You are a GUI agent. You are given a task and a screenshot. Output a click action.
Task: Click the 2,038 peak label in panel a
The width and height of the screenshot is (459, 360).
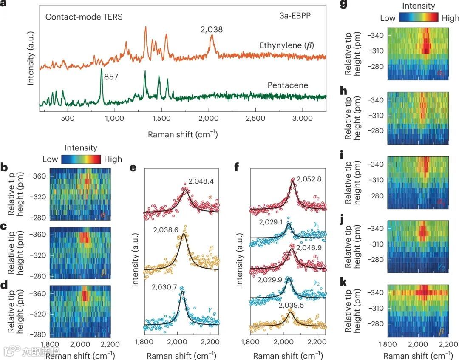click(x=212, y=30)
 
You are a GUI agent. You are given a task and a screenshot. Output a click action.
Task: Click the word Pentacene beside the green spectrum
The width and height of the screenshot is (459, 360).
click(x=288, y=85)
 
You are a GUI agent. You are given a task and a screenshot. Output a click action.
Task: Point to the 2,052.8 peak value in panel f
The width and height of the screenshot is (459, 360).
click(x=309, y=179)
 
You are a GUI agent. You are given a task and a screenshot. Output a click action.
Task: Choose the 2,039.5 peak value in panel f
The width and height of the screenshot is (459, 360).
click(x=292, y=305)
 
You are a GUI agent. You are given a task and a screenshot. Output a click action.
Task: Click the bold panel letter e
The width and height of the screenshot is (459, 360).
click(x=133, y=168)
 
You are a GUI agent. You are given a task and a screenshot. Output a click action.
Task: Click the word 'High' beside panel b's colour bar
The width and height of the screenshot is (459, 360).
click(x=113, y=159)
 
